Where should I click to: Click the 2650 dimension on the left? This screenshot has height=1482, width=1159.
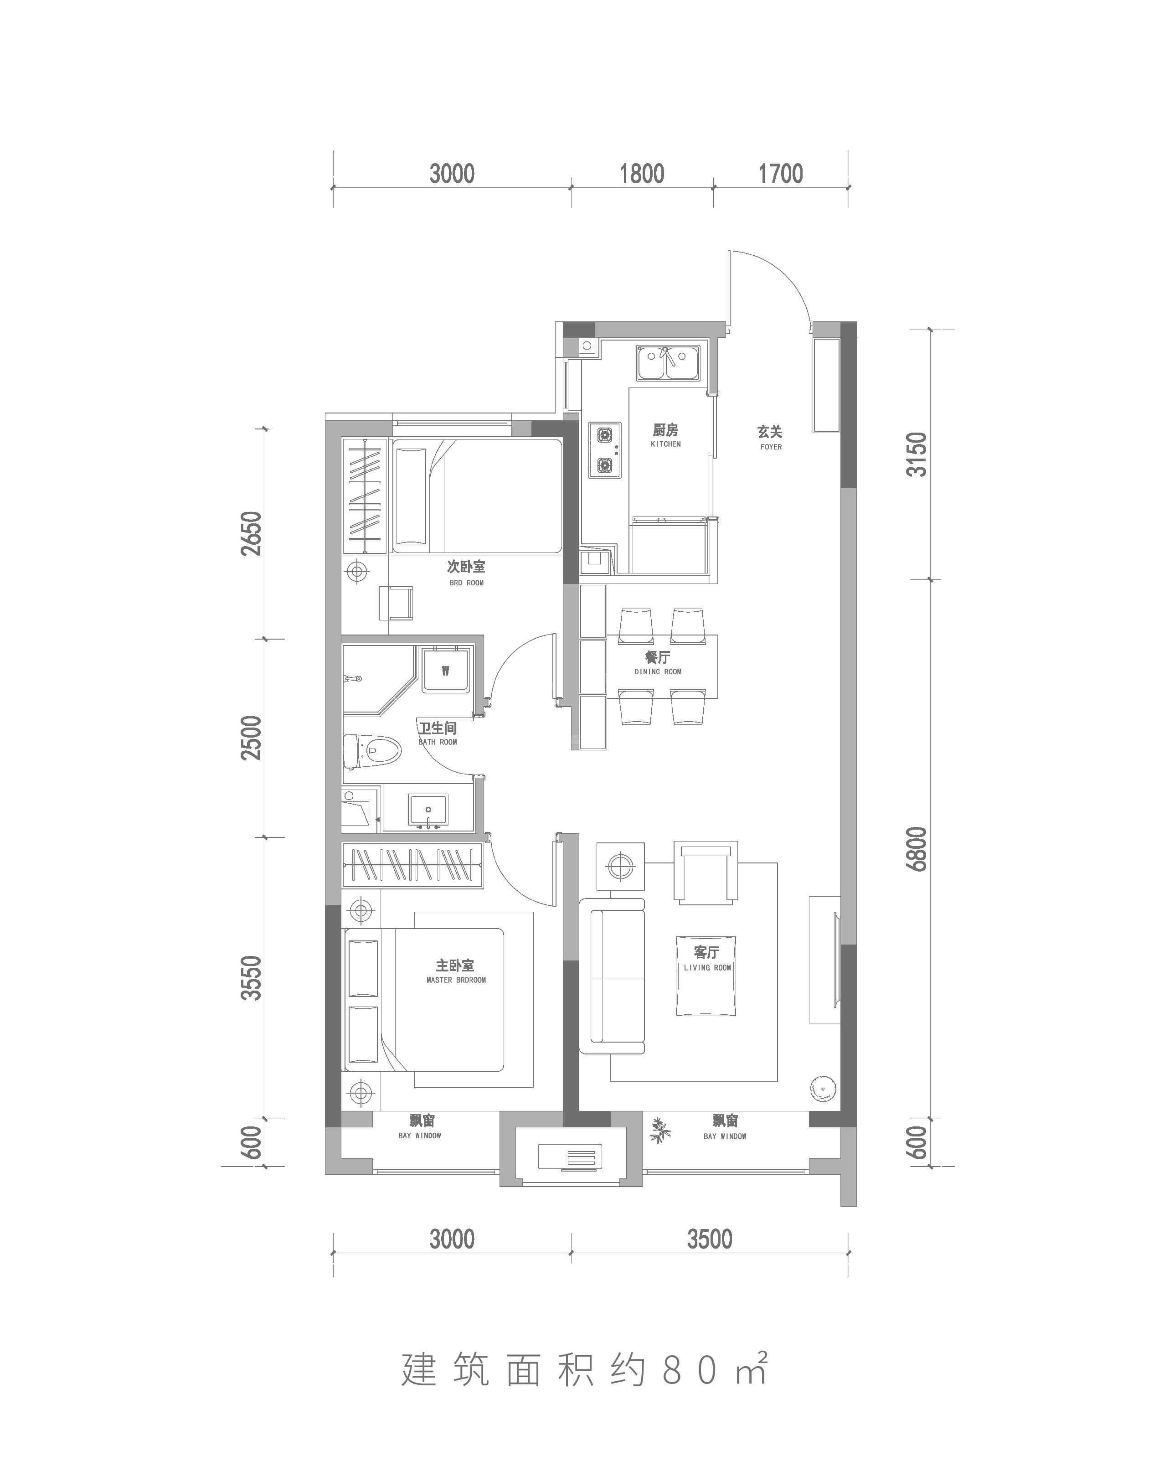click(251, 533)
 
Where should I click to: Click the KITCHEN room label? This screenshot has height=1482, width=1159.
click(666, 444)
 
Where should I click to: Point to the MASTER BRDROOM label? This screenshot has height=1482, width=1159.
click(456, 980)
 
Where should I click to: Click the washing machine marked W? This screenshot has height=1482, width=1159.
click(445, 671)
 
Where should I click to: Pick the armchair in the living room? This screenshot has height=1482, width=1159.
click(705, 873)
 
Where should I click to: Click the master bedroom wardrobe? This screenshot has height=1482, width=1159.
click(412, 865)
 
